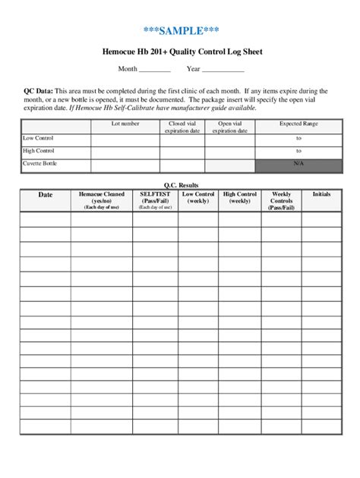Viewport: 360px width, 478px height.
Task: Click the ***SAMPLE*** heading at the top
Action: (x=180, y=30)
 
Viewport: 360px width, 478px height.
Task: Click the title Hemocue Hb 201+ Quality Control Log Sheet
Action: (x=180, y=53)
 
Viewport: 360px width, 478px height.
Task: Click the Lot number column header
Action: (x=125, y=122)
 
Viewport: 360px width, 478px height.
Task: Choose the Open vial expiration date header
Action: (x=230, y=126)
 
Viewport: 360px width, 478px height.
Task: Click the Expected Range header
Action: (x=298, y=122)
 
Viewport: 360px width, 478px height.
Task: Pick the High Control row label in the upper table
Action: (x=39, y=151)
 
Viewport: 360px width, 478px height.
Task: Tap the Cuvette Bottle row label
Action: (x=40, y=163)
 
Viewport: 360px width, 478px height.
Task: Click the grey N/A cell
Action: (x=298, y=164)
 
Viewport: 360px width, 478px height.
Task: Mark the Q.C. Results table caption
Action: (x=180, y=184)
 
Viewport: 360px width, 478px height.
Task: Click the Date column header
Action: (x=46, y=195)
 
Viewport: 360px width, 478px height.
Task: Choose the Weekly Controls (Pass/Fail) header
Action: (x=280, y=200)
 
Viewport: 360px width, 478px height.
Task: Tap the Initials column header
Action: (x=321, y=194)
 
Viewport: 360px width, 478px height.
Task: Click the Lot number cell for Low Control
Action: (x=125, y=140)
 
